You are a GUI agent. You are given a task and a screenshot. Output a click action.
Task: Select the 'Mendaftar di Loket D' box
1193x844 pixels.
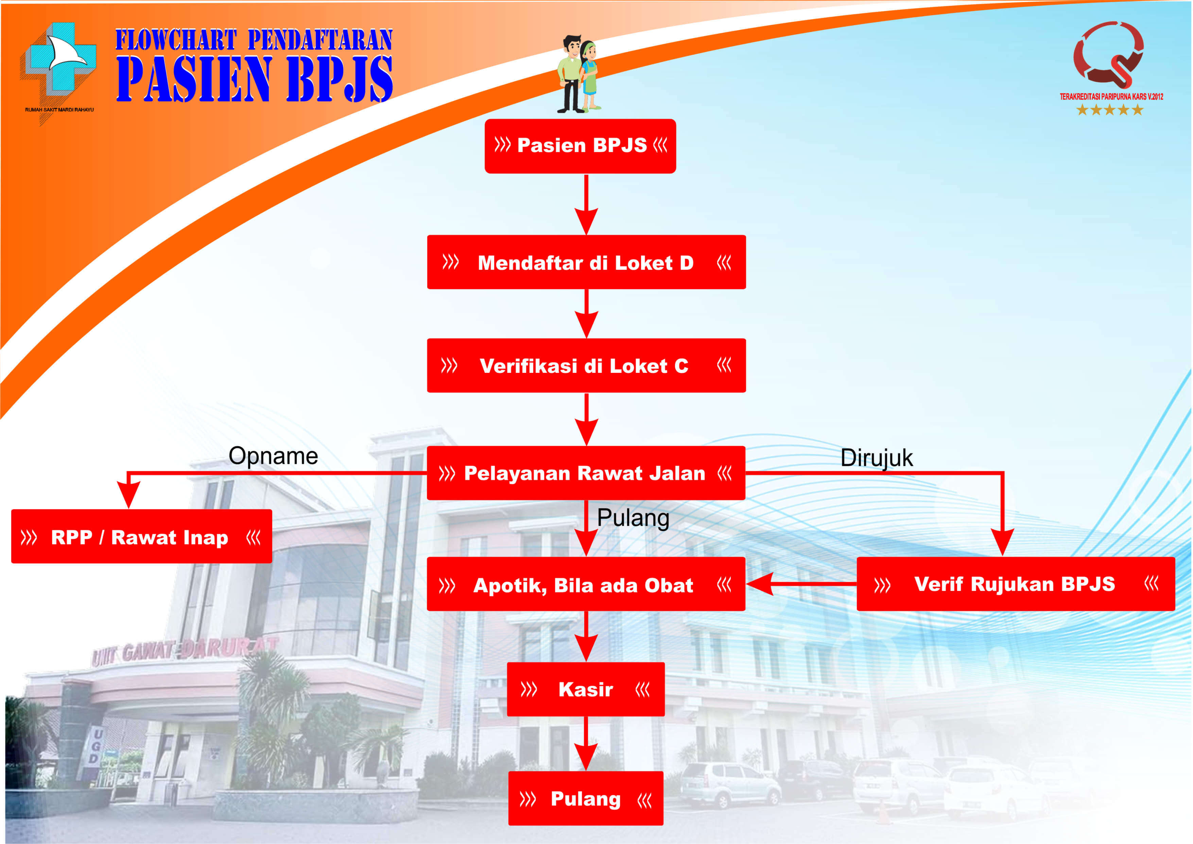586,262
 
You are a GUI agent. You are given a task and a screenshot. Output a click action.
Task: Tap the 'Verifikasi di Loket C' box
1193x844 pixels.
586,366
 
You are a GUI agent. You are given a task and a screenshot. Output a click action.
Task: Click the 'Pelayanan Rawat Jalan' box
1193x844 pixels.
586,473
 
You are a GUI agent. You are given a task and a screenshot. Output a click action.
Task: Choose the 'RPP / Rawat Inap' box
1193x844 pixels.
141,537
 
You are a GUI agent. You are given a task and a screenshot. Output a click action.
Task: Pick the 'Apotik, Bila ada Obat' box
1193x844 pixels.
586,584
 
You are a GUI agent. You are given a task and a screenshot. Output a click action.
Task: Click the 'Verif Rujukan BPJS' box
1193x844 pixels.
1015,584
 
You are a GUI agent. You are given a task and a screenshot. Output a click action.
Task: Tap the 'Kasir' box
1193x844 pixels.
586,690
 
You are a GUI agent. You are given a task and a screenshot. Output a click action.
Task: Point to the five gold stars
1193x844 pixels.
1109,110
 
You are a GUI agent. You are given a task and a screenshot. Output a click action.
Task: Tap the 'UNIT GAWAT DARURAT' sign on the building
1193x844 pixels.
185,650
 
